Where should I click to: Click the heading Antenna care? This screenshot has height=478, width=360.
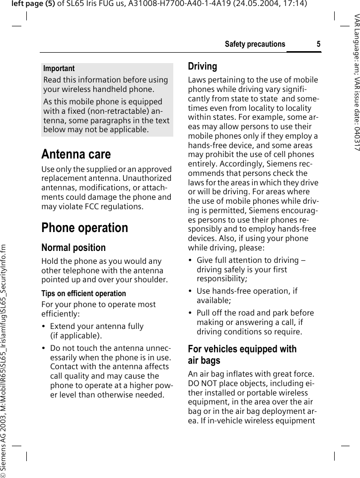coord(76,154)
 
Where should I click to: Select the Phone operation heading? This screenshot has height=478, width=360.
coord(84,228)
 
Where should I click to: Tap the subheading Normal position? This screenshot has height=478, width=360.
coord(73,247)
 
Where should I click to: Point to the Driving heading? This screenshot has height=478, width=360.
coord(203,66)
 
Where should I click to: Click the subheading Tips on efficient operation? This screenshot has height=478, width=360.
coord(83,294)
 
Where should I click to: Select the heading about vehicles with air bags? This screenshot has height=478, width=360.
coord(242,355)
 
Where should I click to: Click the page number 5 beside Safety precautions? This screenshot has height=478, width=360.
coord(318,44)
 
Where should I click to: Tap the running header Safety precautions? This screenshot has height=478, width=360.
coord(255,44)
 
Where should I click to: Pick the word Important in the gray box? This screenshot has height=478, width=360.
coord(59,69)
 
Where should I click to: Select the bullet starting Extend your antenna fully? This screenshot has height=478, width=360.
coord(96,331)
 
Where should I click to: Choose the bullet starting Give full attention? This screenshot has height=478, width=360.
coord(251,269)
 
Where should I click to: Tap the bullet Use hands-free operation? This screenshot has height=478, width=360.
coord(247,296)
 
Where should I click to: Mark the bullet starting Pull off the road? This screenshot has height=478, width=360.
coord(255,322)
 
